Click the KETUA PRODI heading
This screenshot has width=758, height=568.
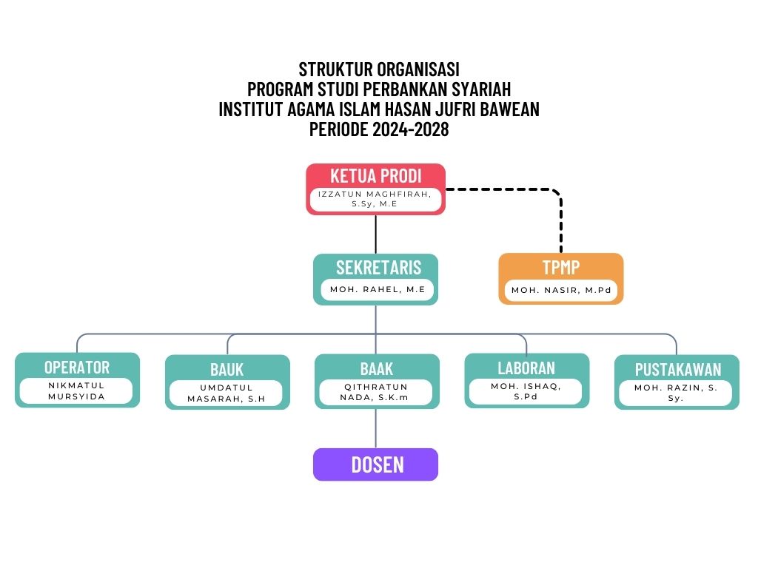tap(375, 176)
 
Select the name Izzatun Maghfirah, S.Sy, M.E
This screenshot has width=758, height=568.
tap(375, 199)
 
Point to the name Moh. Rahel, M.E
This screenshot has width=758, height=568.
tap(378, 290)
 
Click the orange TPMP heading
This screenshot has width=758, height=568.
tap(560, 267)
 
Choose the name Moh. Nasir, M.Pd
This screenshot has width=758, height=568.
tap(561, 290)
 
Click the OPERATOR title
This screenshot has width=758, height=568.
tap(77, 367)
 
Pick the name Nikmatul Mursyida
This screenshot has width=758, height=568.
tap(77, 390)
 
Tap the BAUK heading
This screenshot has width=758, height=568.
tap(227, 369)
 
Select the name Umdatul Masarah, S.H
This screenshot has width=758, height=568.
tap(227, 393)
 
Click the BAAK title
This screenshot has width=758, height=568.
tap(377, 368)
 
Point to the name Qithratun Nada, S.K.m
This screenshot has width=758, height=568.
tap(376, 392)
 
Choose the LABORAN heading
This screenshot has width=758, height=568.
tap(526, 367)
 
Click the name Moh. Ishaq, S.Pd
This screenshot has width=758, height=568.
tap(526, 390)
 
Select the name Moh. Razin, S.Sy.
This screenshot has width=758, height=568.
tap(677, 393)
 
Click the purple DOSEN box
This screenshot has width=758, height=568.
tap(376, 464)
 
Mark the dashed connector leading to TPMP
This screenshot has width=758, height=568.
tap(560, 222)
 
